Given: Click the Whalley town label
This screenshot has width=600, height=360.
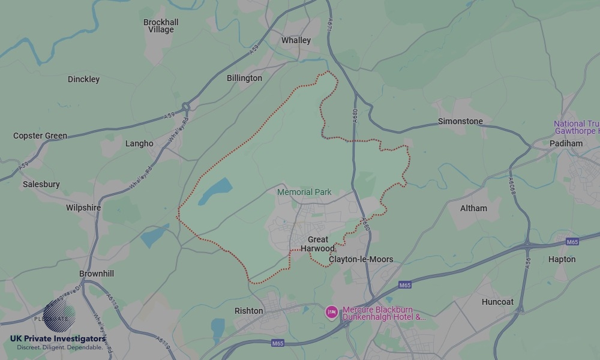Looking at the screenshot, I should click(x=296, y=40).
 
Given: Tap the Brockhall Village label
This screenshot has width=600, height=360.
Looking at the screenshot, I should click(x=161, y=26).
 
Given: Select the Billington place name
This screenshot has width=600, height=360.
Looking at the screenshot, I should click(x=244, y=78).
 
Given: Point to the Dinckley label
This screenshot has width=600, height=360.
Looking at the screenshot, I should click(x=83, y=79).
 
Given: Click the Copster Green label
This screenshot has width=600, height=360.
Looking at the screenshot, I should click(x=40, y=136).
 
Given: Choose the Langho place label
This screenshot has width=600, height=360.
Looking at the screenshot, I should click(x=139, y=143).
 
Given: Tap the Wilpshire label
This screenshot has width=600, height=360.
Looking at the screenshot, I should click(x=83, y=208).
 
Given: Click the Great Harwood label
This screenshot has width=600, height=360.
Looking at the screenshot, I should click(x=318, y=244).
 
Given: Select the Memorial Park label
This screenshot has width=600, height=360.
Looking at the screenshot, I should click(x=304, y=192).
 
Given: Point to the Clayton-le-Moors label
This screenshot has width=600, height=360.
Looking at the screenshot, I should click(x=361, y=259).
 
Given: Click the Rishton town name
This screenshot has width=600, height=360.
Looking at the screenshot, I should click(x=248, y=311).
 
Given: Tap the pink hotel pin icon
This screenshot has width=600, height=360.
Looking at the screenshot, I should click(x=331, y=311).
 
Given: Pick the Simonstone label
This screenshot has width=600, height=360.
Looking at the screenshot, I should click(x=460, y=121).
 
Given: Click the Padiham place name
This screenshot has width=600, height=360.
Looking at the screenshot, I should click(x=566, y=143).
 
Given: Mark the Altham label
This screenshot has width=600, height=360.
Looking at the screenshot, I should click(x=473, y=208).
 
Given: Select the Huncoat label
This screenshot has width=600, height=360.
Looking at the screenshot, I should click(x=497, y=302).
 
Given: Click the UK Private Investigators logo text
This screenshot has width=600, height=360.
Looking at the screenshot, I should click(x=58, y=338).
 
